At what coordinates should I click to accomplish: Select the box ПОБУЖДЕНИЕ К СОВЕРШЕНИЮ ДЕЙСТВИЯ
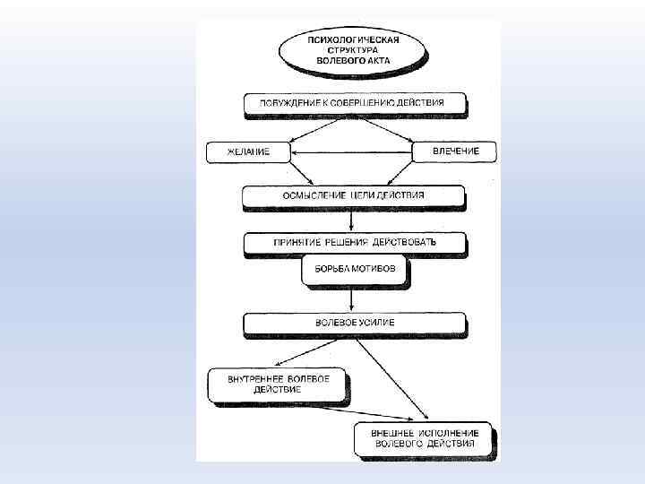point(357,103)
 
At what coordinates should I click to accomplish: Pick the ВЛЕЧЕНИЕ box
point(455,151)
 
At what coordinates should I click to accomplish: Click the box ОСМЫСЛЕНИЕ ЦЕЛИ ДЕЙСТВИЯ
point(354,194)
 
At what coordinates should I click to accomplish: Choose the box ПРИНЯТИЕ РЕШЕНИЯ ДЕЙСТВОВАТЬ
point(356,242)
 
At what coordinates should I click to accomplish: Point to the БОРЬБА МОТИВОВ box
point(355,269)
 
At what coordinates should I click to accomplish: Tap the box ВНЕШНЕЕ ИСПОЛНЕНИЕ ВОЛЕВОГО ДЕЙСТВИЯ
point(424,438)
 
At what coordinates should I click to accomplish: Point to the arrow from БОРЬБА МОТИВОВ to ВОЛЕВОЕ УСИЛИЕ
point(356,298)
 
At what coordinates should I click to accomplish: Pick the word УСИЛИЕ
point(376,321)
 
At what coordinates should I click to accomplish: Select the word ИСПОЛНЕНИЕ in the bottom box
point(440,432)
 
